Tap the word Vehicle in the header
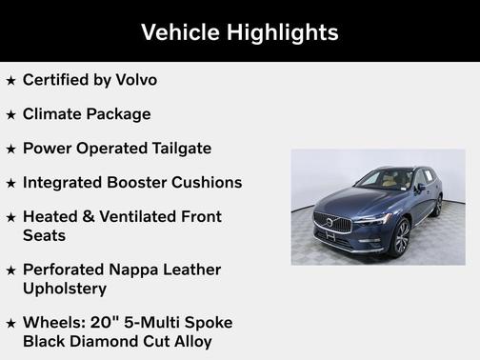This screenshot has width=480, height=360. click(180, 31)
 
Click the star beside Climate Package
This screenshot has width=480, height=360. click(11, 115)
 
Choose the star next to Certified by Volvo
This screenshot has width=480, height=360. click(11, 81)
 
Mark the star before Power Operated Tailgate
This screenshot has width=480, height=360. click(11, 150)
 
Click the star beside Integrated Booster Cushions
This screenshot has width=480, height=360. click(11, 183)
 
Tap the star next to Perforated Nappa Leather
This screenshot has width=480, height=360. click(11, 270)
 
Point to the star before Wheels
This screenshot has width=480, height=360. click(11, 323)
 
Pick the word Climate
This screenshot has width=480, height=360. click(55, 114)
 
